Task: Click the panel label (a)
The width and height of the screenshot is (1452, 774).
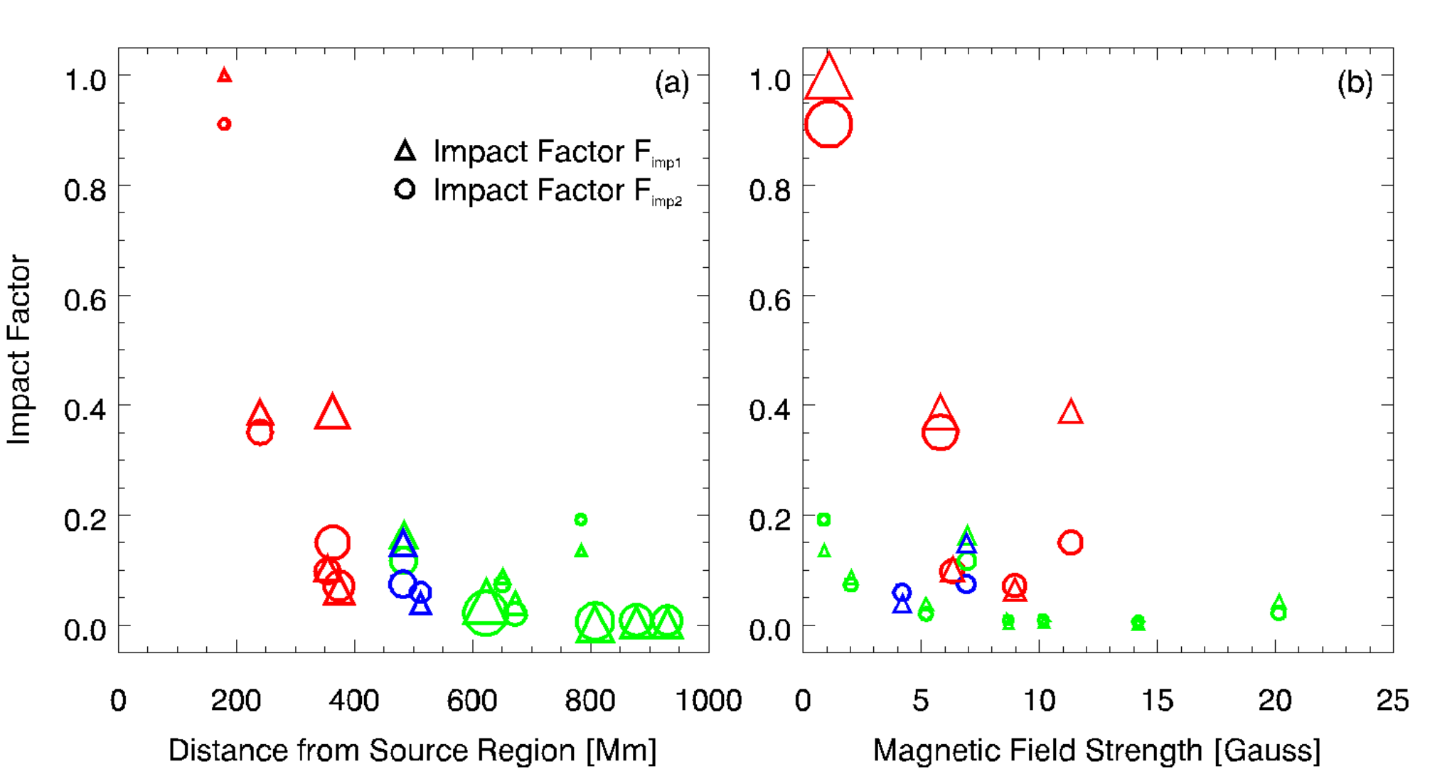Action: point(672,84)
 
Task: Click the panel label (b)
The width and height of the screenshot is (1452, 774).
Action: point(1355,84)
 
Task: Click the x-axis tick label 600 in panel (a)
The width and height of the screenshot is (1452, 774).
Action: point(472,701)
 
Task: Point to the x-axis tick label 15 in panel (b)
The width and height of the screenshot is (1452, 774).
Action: point(1157,701)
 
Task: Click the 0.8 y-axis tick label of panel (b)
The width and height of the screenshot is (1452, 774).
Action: point(770,190)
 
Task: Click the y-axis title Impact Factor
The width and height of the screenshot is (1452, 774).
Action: point(19,350)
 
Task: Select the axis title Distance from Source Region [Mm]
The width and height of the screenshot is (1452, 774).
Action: point(412,751)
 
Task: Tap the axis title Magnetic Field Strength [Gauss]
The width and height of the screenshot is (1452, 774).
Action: point(1097,751)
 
